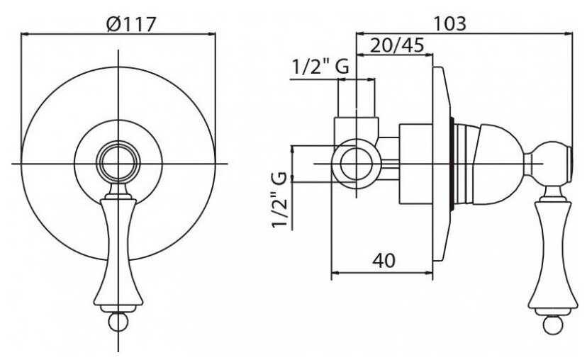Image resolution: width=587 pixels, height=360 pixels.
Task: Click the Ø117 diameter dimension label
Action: (130, 25)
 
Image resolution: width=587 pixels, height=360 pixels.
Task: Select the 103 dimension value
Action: (449, 23)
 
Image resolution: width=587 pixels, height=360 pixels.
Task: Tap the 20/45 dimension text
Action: (397, 45)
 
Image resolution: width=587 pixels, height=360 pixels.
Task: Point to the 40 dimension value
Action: (384, 261)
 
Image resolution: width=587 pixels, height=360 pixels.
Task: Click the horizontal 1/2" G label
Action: (320, 67)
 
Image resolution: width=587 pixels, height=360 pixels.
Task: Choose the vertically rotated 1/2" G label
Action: (279, 199)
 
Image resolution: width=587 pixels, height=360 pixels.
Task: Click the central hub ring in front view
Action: (118, 164)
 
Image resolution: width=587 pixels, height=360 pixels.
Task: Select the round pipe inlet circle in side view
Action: (356, 164)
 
